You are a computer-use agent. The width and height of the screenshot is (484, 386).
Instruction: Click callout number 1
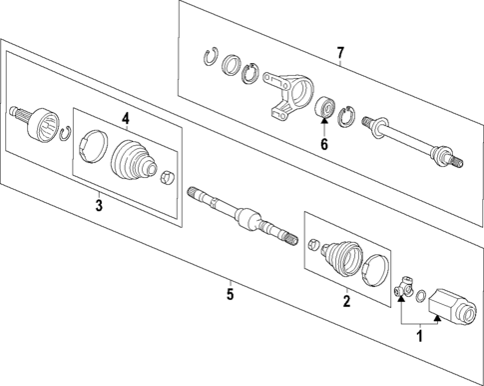[419, 338]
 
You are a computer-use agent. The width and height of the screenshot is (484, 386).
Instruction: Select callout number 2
[347, 300]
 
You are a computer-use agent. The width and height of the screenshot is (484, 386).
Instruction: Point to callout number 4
[126, 119]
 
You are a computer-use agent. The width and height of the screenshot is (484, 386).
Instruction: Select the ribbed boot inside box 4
[132, 160]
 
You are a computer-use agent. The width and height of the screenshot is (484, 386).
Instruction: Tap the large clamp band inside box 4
[91, 145]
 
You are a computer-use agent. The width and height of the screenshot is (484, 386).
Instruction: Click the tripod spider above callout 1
[402, 289]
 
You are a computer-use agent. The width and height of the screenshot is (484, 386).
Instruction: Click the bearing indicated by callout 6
[324, 108]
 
